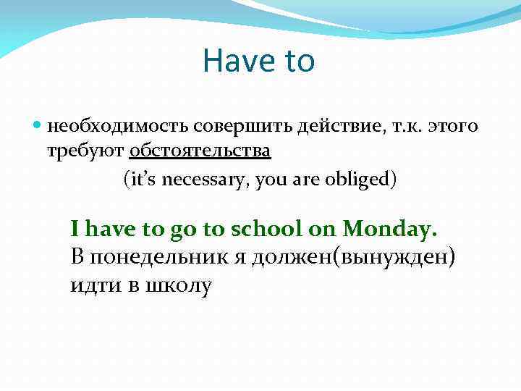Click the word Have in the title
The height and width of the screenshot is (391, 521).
point(234,61)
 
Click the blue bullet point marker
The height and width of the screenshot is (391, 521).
point(38,127)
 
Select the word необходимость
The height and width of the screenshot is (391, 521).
point(119,127)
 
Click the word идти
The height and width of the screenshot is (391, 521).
point(95,285)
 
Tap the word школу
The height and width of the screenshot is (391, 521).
point(179,285)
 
